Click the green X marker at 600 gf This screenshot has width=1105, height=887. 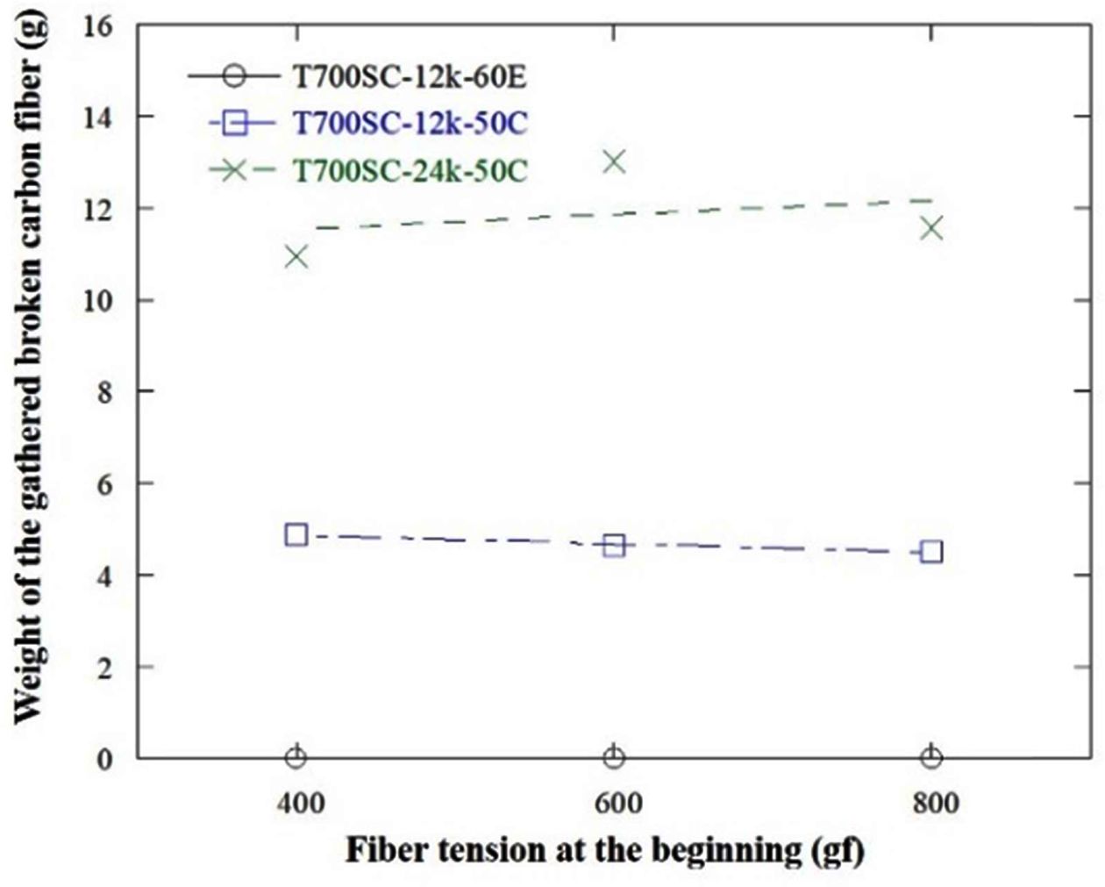point(614,161)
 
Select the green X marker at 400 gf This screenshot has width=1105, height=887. point(296,257)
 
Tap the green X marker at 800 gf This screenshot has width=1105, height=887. point(931,229)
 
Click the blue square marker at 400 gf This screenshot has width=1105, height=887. point(296,534)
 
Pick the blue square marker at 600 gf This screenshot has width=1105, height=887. point(614,546)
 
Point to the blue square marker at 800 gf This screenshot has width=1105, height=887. point(931,552)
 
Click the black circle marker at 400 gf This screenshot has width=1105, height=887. point(296,757)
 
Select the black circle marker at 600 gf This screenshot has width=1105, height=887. point(614,757)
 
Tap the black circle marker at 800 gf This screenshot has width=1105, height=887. point(931,757)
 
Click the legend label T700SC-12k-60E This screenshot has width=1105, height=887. point(409,77)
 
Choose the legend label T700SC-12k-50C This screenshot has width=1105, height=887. point(409,123)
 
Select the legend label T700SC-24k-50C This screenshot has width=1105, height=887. point(409,169)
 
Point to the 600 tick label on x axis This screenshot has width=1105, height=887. point(614,803)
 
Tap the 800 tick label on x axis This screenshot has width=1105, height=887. point(931,803)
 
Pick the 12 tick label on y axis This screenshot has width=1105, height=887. point(98,209)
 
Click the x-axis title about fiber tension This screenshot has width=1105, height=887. point(604,850)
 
